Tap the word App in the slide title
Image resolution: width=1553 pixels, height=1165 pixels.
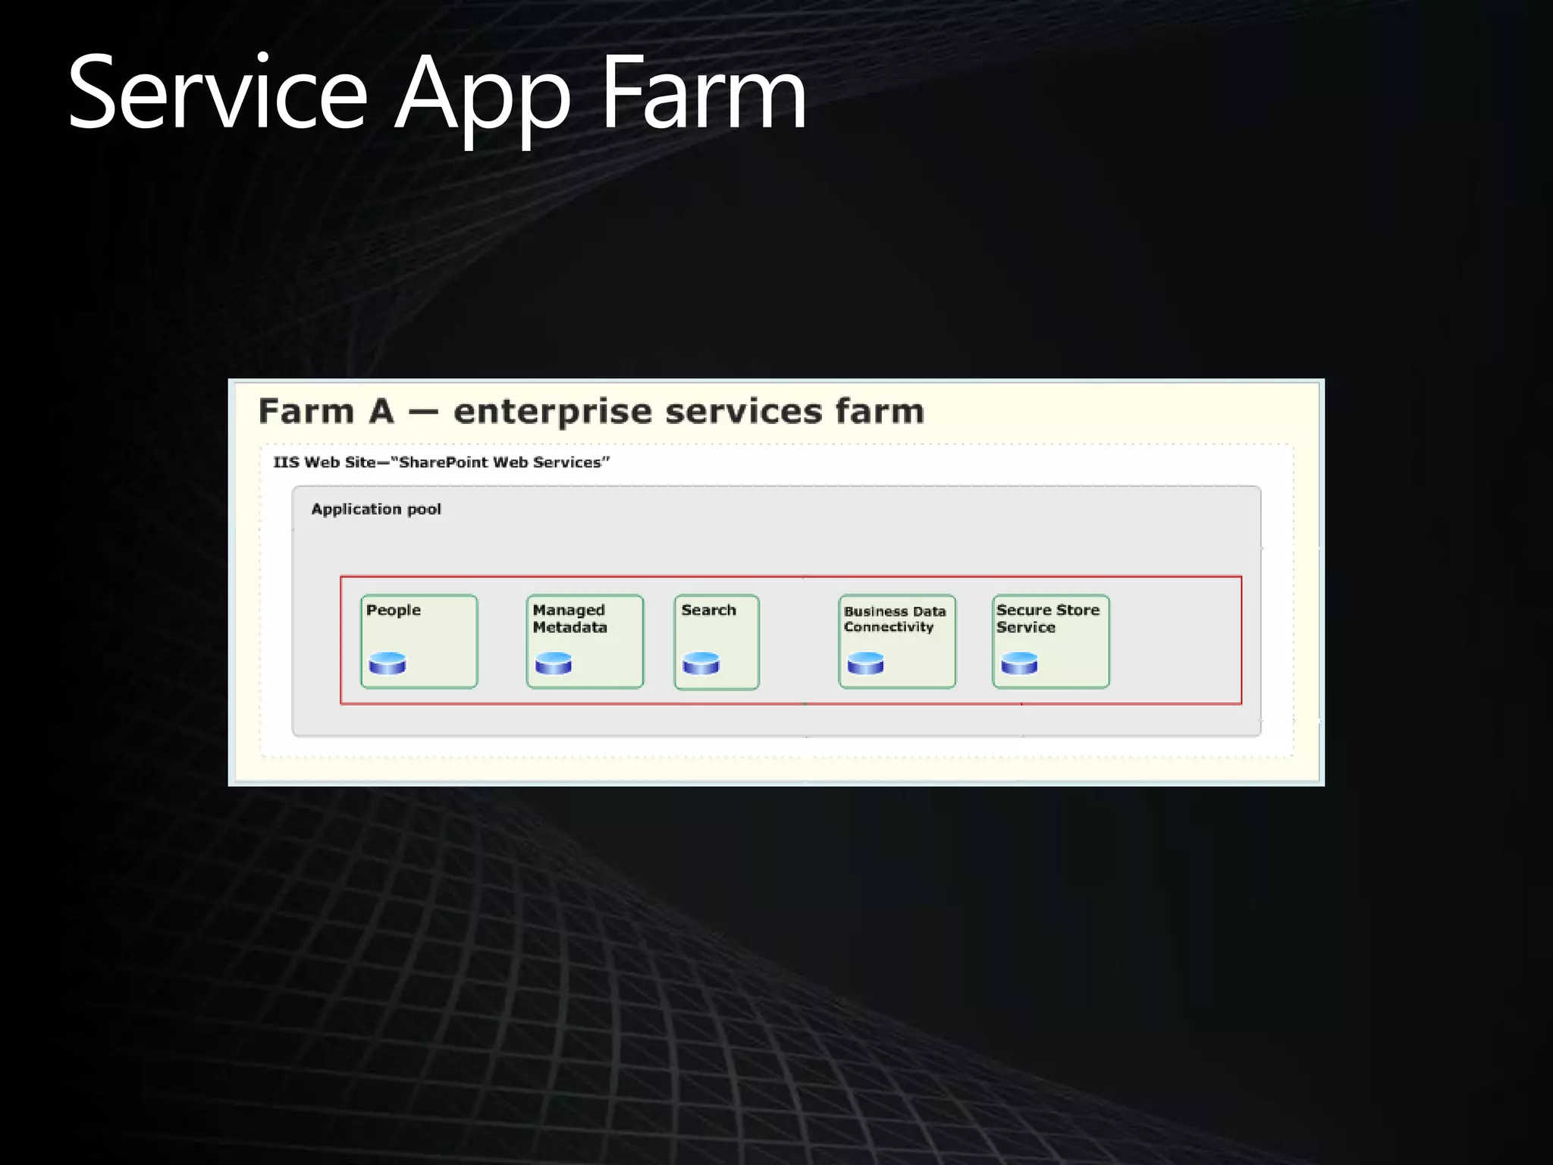click(482, 95)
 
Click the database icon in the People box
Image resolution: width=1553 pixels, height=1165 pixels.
click(387, 664)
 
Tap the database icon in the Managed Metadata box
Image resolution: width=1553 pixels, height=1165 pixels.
click(554, 664)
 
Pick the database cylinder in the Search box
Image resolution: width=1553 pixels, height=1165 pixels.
click(701, 664)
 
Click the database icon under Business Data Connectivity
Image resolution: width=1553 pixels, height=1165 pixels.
click(865, 664)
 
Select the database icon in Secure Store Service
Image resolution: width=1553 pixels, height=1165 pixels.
click(1019, 664)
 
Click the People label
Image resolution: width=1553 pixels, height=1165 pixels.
click(393, 611)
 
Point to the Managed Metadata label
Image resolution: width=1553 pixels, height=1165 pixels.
click(569, 619)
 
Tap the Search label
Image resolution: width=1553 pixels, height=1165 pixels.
click(708, 611)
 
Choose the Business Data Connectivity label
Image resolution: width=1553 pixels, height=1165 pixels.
click(894, 619)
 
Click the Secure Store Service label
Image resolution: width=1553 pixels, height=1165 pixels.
click(1047, 619)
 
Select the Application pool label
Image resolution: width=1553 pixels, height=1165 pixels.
click(376, 509)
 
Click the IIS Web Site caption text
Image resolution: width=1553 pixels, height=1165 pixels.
click(441, 462)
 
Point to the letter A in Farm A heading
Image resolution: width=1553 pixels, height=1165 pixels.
click(381, 412)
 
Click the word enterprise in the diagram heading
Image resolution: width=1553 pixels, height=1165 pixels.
click(552, 412)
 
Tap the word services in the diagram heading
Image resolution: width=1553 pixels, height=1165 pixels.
click(743, 412)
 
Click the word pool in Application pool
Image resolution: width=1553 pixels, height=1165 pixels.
click(424, 509)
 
